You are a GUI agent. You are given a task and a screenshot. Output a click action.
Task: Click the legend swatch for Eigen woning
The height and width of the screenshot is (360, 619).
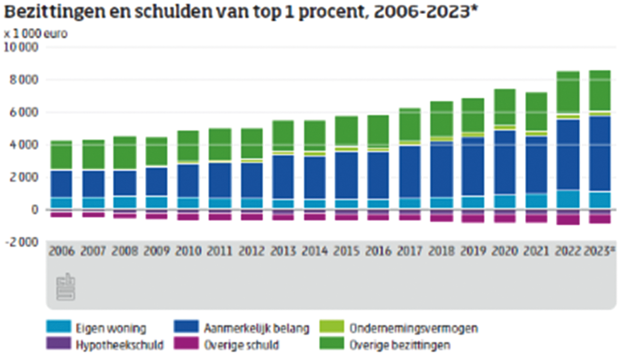pos(59,327)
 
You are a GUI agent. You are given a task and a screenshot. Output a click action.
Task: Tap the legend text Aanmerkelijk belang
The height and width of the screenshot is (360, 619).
pos(257,329)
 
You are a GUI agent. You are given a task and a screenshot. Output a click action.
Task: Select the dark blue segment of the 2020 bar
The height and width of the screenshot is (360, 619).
pos(504,162)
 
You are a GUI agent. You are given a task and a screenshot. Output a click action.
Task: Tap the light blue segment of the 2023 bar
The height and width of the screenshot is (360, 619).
pos(599,200)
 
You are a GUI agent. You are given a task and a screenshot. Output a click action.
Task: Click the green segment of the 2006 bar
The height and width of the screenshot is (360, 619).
pos(62,155)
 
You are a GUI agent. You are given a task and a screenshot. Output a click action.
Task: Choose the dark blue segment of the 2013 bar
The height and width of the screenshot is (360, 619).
pos(283,177)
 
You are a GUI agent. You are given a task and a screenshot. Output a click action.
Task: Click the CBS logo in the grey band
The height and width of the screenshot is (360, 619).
pos(66,287)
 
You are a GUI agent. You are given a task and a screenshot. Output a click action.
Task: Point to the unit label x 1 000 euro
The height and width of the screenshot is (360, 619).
pos(36,34)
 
